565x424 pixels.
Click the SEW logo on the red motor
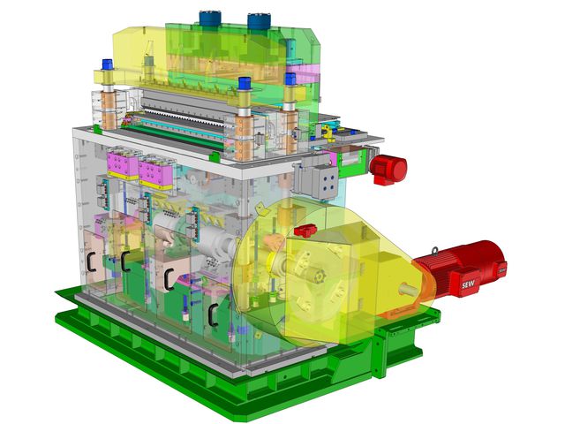[x=469, y=284]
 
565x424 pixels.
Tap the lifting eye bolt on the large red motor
[x=435, y=251]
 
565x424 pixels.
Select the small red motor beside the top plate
[x=388, y=169]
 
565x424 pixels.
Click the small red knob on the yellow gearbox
[x=305, y=230]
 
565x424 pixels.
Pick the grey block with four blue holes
[x=325, y=184]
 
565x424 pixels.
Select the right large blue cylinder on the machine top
[x=259, y=21]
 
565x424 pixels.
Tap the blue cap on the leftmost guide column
[x=107, y=64]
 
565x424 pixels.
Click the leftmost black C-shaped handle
[x=91, y=261]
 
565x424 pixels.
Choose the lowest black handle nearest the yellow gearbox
[x=214, y=314]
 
